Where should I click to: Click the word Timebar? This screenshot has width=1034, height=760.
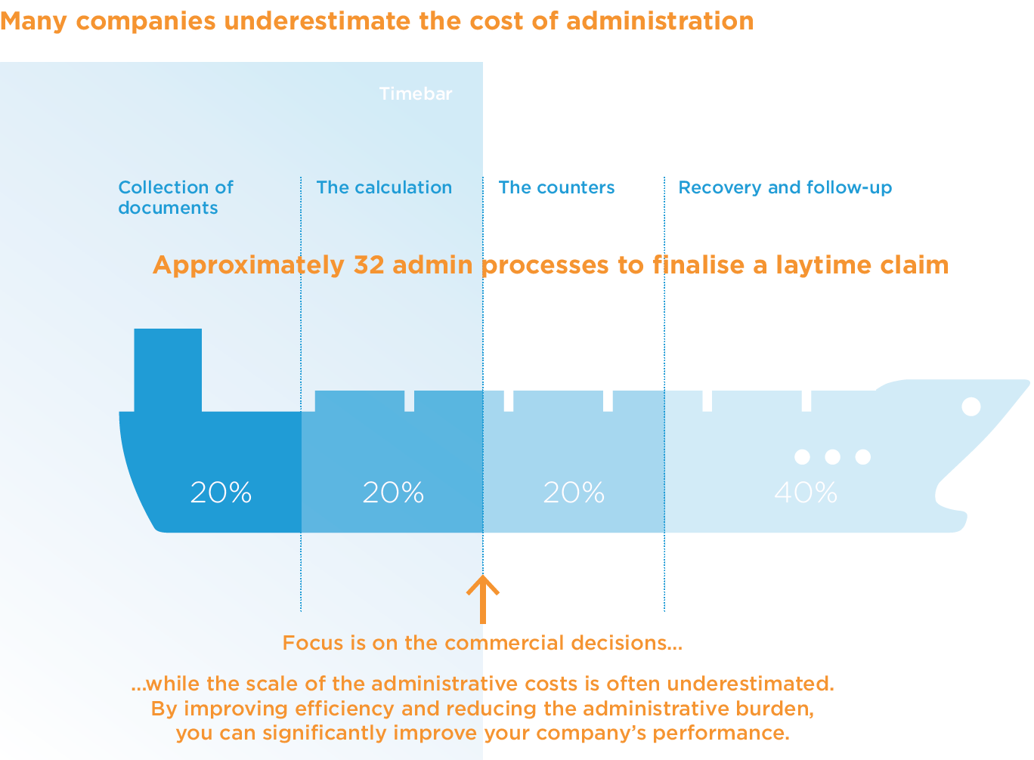(416, 94)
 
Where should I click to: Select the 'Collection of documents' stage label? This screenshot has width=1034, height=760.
(175, 197)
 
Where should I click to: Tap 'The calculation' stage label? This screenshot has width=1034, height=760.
(384, 187)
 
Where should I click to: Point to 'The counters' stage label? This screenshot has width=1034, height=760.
(556, 187)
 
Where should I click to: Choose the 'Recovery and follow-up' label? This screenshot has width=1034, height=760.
(785, 187)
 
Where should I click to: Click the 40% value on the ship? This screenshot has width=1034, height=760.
(806, 493)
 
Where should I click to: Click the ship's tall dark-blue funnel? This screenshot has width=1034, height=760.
(168, 369)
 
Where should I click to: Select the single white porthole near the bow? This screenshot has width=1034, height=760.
(971, 406)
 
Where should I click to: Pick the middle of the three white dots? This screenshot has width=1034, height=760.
(832, 456)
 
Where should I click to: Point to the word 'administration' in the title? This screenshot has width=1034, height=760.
(660, 21)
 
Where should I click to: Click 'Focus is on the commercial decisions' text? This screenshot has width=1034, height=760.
(482, 643)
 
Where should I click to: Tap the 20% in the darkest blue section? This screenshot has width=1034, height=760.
(221, 493)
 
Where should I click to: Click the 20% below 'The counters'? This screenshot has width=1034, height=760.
(574, 493)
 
